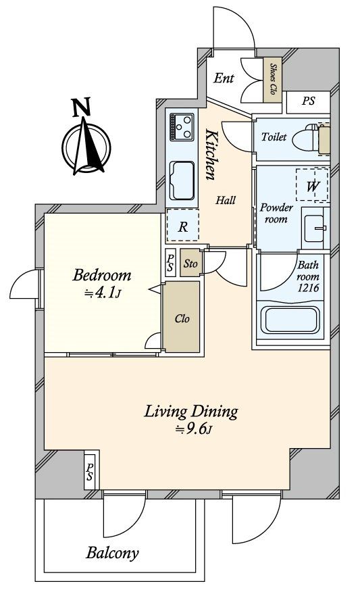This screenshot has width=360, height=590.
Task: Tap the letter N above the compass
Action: pos(81,107)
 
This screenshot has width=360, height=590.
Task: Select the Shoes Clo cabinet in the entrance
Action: pos(272,80)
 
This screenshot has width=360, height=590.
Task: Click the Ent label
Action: pos(224,78)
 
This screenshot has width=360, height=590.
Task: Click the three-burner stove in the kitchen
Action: pos(182,127)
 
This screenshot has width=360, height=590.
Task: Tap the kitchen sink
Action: pos(182,180)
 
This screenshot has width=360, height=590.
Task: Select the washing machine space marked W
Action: pos(312,185)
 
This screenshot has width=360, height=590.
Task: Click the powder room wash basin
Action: pos(315,228)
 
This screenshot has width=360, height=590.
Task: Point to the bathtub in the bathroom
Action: pos(290,320)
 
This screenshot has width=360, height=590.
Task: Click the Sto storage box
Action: pos(190,262)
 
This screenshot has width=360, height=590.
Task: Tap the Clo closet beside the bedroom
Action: pos(181,316)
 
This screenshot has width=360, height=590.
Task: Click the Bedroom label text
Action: pos(102,276)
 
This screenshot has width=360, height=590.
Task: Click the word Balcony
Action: pos(112,553)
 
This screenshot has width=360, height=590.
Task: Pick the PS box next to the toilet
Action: pos(308,101)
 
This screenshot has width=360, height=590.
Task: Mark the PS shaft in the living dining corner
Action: pos(90,471)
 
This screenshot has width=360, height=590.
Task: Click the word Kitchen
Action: pos(211,155)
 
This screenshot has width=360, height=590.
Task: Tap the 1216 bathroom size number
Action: pos(308,288)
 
